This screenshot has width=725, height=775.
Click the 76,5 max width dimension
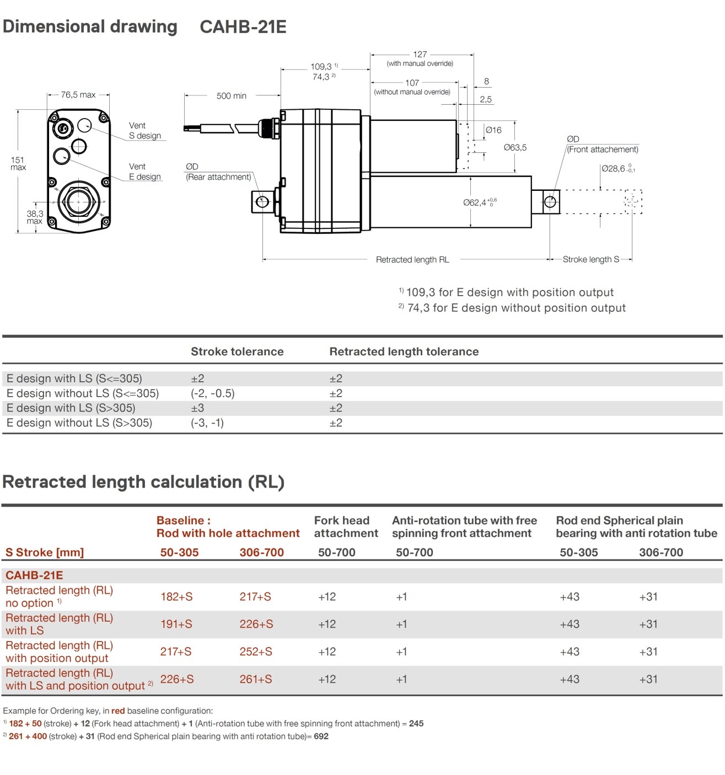coord(78,95)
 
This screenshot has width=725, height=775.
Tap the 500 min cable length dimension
coord(232,96)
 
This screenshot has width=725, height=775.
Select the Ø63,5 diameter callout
coord(515,147)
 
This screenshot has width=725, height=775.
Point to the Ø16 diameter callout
coord(493,130)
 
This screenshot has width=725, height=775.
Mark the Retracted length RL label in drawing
coord(412,260)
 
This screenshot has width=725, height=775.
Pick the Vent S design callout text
coord(145,131)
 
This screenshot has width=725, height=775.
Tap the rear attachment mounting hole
coord(262,202)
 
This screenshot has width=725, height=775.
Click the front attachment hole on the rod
coord(550,202)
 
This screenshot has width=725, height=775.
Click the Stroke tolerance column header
coord(237,352)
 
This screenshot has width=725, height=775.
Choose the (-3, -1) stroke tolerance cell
coord(207,423)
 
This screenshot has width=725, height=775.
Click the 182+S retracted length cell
coord(176,597)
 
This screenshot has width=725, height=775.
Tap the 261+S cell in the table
coord(256,680)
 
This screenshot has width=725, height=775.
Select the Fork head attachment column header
coord(346,527)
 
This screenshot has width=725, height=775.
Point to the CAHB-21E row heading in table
coord(34,575)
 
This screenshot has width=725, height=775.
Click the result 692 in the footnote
coord(321,736)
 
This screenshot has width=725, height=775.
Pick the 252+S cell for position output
coord(256,652)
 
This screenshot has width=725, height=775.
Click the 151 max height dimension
coord(18,164)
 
